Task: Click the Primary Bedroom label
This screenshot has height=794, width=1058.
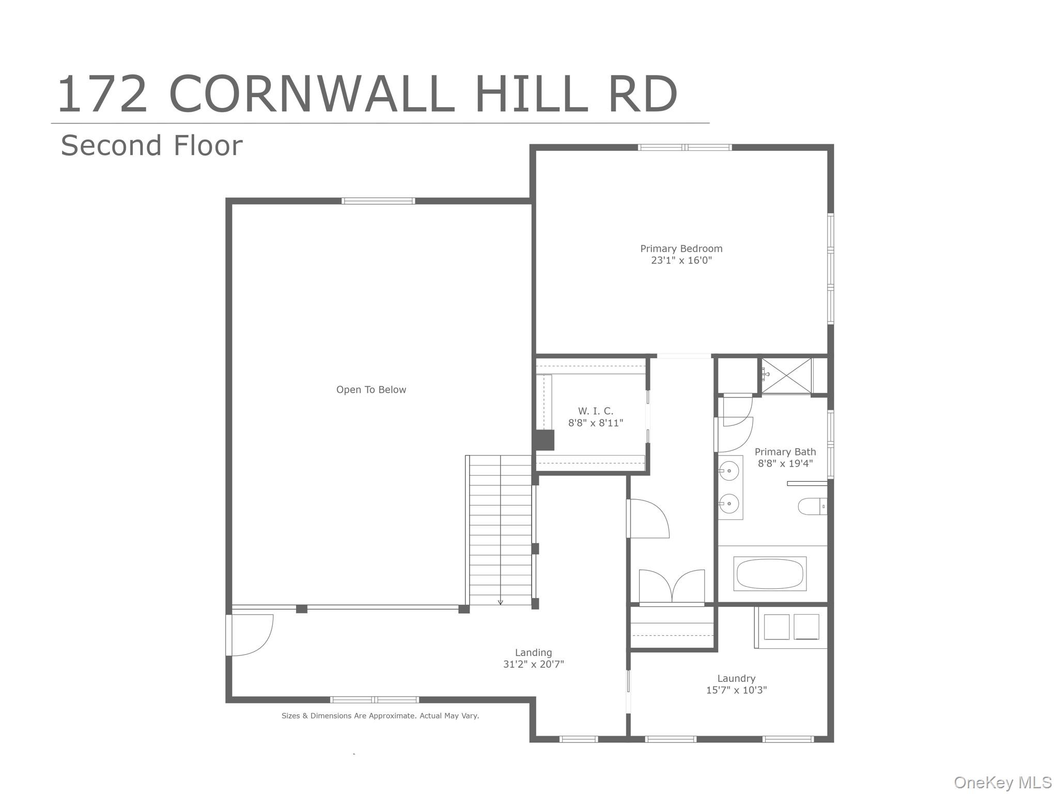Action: (681, 249)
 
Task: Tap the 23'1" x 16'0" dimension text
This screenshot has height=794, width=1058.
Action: (681, 261)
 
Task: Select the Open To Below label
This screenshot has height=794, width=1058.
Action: (371, 390)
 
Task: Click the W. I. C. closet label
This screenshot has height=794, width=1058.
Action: (595, 411)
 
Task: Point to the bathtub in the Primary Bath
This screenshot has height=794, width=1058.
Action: (769, 574)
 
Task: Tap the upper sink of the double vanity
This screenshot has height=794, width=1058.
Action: (729, 471)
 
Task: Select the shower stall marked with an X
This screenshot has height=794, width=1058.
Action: (786, 376)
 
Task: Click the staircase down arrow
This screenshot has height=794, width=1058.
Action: (500, 601)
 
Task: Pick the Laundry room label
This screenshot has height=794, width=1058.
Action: (736, 678)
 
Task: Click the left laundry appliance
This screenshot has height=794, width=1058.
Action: (776, 627)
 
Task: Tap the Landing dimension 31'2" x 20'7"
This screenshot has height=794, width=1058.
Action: (533, 664)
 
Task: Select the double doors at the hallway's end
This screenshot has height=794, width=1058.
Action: (672, 587)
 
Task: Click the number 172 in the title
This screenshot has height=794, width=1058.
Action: (102, 95)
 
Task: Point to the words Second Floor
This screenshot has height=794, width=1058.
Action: (151, 146)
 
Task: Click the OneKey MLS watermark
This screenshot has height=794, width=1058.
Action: (1002, 783)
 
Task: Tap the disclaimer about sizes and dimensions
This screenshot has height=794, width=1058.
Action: (380, 716)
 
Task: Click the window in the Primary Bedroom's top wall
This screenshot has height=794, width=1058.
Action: (684, 147)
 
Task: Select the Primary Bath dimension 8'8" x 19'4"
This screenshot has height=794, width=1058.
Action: (785, 464)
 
